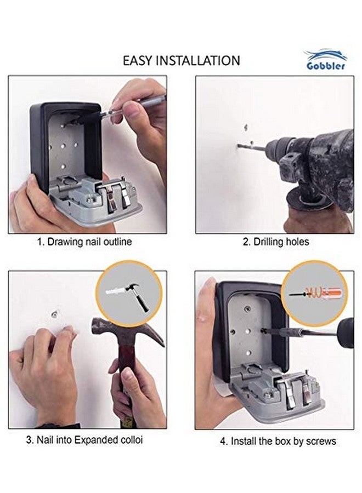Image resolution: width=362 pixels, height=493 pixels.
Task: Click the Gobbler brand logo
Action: pos(326,61)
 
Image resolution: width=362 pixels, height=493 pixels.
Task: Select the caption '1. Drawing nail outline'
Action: pos(84,242)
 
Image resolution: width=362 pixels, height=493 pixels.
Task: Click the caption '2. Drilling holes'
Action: pos(276,242)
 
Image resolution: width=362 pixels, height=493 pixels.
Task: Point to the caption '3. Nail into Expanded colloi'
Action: pos(84,440)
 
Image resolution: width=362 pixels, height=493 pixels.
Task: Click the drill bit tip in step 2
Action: pos(239,146)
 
